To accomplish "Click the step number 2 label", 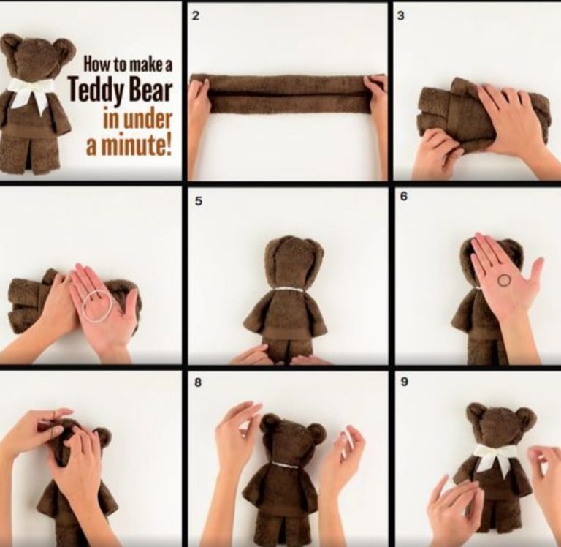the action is pos(195,16).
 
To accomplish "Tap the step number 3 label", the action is pos(402,16).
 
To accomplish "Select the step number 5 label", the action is pos(198,201).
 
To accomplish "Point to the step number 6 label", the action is pos(404,196).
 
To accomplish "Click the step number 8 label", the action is pos(198,382).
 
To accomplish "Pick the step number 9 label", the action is pos(404,382).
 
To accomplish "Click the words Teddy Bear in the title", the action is pos(121,90).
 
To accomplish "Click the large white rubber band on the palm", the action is pos(97,306).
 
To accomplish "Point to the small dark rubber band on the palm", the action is pos(505,280).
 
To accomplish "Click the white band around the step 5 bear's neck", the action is pos(289,290).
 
